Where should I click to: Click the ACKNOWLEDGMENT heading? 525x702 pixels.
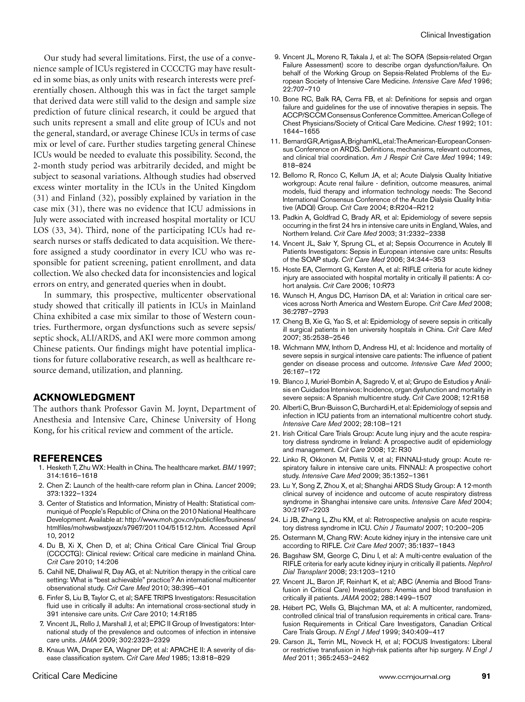pyautogui.click(x=84, y=397)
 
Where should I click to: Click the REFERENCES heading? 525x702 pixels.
pyautogui.click(x=68, y=458)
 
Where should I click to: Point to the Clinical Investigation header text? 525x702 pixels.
pyautogui.click(x=455, y=35)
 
